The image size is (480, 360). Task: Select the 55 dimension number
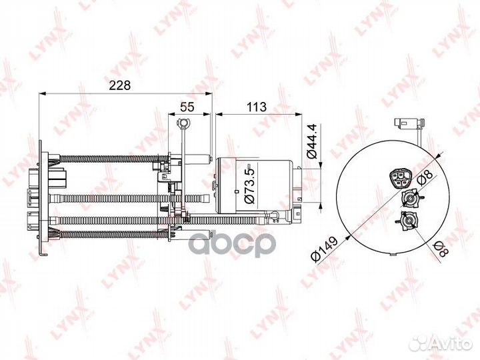tap(188, 106)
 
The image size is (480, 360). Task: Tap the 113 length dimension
tap(257, 106)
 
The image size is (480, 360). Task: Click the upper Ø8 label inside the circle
tap(423, 177)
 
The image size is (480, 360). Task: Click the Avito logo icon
tap(421, 343)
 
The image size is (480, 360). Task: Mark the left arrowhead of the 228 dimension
tap(43, 93)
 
